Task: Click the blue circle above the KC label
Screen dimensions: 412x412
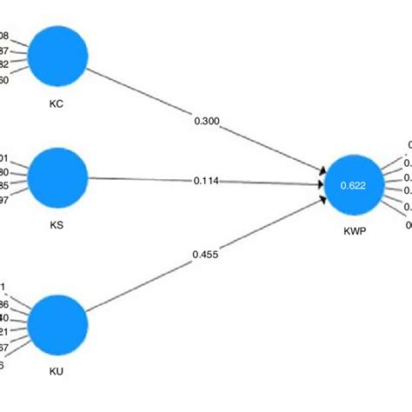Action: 57,56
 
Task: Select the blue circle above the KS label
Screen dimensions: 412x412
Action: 58,177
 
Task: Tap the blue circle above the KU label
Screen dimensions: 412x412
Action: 57,323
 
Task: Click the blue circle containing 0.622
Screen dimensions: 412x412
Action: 352,184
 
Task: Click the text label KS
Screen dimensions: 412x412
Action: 57,223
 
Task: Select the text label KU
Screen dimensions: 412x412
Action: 57,371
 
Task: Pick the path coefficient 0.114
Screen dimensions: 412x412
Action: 207,181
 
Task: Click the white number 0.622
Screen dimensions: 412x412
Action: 352,185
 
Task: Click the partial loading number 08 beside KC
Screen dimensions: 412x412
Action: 4,36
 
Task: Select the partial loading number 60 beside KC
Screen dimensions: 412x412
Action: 4,80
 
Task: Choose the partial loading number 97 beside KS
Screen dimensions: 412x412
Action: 4,201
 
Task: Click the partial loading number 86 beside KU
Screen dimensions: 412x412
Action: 4,304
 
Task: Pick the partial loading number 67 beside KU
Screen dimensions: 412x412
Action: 4,349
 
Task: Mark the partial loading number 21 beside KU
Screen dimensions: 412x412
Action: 4,334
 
